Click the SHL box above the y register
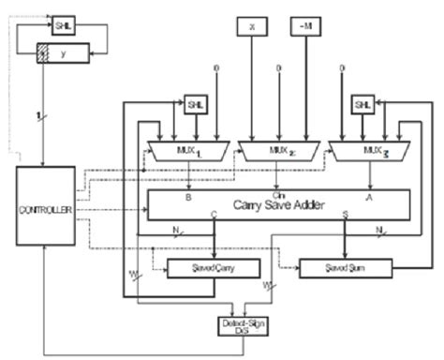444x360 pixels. point(63,24)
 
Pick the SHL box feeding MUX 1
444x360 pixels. point(196,103)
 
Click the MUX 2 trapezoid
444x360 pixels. point(278,147)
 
